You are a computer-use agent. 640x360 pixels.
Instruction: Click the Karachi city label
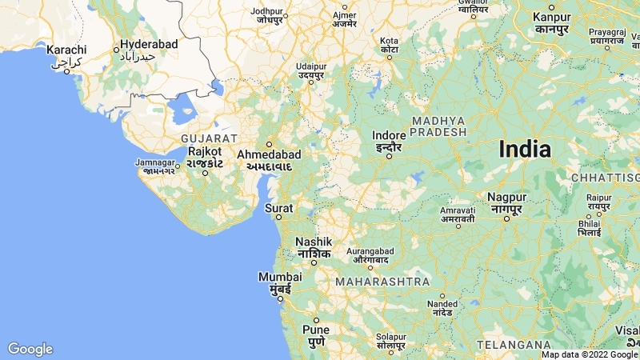(x=66, y=50)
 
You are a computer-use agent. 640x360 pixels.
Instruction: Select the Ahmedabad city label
(x=269, y=154)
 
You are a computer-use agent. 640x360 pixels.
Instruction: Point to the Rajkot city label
(x=204, y=151)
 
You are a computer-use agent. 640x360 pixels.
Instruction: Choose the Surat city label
(x=278, y=209)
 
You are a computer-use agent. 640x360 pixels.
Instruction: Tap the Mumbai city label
(x=280, y=277)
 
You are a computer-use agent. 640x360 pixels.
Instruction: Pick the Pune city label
(x=316, y=329)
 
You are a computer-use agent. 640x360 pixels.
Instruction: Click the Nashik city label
(x=313, y=242)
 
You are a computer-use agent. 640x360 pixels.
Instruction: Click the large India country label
(x=525, y=149)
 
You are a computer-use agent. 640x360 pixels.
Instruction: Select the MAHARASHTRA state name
(x=382, y=282)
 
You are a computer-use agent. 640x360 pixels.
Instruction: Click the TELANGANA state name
(x=512, y=344)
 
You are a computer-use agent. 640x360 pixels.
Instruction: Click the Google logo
(x=30, y=349)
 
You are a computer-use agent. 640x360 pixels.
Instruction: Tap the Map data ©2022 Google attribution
(x=590, y=354)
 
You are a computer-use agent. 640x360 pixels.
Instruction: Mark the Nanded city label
(x=442, y=304)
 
